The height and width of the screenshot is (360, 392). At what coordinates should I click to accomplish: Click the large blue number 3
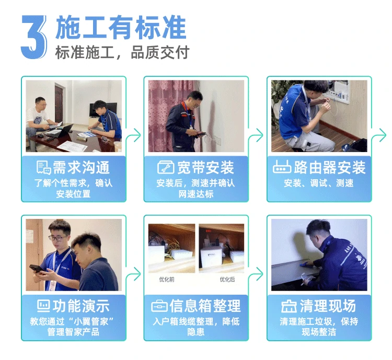(x=34, y=37)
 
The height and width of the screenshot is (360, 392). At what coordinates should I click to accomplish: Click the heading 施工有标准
(x=121, y=27)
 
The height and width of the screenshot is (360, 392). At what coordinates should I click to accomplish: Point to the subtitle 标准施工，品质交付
(x=122, y=52)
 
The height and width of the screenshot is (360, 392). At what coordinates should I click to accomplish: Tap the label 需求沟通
(x=81, y=167)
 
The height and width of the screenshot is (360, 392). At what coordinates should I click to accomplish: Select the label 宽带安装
(x=205, y=167)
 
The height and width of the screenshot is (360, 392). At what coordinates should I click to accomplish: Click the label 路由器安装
(x=329, y=167)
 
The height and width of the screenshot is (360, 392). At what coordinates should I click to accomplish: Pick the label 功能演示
(x=81, y=306)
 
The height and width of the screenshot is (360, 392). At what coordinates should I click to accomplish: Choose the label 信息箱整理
(x=205, y=306)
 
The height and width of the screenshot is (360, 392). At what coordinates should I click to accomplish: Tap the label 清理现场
(x=328, y=306)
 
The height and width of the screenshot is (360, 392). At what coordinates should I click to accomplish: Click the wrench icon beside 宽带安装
(x=166, y=167)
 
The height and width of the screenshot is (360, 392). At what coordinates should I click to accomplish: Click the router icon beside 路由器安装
(x=282, y=167)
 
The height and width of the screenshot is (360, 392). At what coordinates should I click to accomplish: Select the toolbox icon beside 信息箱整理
(x=159, y=306)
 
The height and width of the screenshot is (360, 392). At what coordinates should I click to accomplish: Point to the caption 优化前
(x=167, y=279)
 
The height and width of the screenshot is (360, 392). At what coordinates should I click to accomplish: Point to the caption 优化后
(x=227, y=279)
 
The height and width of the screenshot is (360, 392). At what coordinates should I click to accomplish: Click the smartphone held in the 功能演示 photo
(x=37, y=269)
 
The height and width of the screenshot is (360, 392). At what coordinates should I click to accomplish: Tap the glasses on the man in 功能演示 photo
(x=58, y=238)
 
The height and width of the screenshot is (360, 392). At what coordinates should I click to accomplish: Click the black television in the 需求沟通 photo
(x=103, y=110)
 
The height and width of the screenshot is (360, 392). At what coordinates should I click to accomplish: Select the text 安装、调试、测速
(x=318, y=183)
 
